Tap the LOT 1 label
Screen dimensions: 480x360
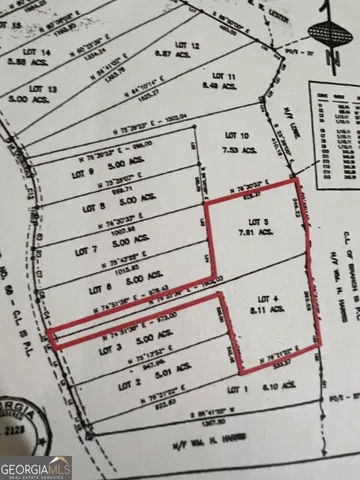[x=237, y=388]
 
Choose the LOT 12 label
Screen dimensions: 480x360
[x=188, y=47]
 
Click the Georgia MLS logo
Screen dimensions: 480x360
[x=35, y=467]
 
